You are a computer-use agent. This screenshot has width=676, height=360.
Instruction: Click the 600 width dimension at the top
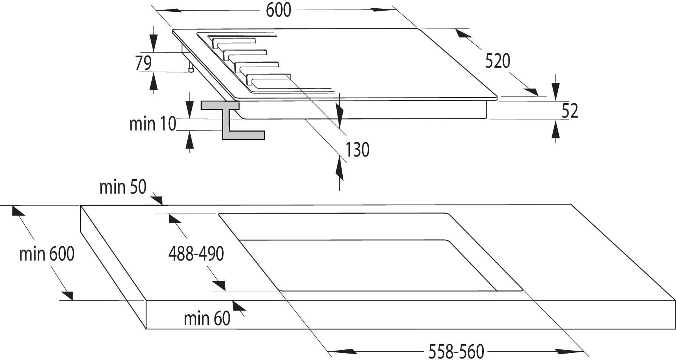click(x=278, y=10)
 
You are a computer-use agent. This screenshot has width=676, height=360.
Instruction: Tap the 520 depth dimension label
click(x=497, y=61)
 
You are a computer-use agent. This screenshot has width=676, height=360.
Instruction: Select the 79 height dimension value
click(x=144, y=63)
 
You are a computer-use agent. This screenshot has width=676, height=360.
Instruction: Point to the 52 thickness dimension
click(x=570, y=111)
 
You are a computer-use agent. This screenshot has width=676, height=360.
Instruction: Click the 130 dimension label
click(x=357, y=150)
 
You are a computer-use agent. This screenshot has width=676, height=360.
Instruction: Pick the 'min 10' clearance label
click(x=153, y=124)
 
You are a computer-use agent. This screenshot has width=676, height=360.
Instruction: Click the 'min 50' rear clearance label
click(x=123, y=187)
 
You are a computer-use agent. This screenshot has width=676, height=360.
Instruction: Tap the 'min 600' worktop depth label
click(x=47, y=254)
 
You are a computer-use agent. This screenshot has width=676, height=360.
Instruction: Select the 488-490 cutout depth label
click(x=196, y=254)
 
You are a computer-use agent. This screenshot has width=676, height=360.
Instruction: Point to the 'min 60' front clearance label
click(x=207, y=318)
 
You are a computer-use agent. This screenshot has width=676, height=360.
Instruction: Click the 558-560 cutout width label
click(x=456, y=351)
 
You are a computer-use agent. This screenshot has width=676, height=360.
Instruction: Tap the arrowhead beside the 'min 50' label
click(x=158, y=200)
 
